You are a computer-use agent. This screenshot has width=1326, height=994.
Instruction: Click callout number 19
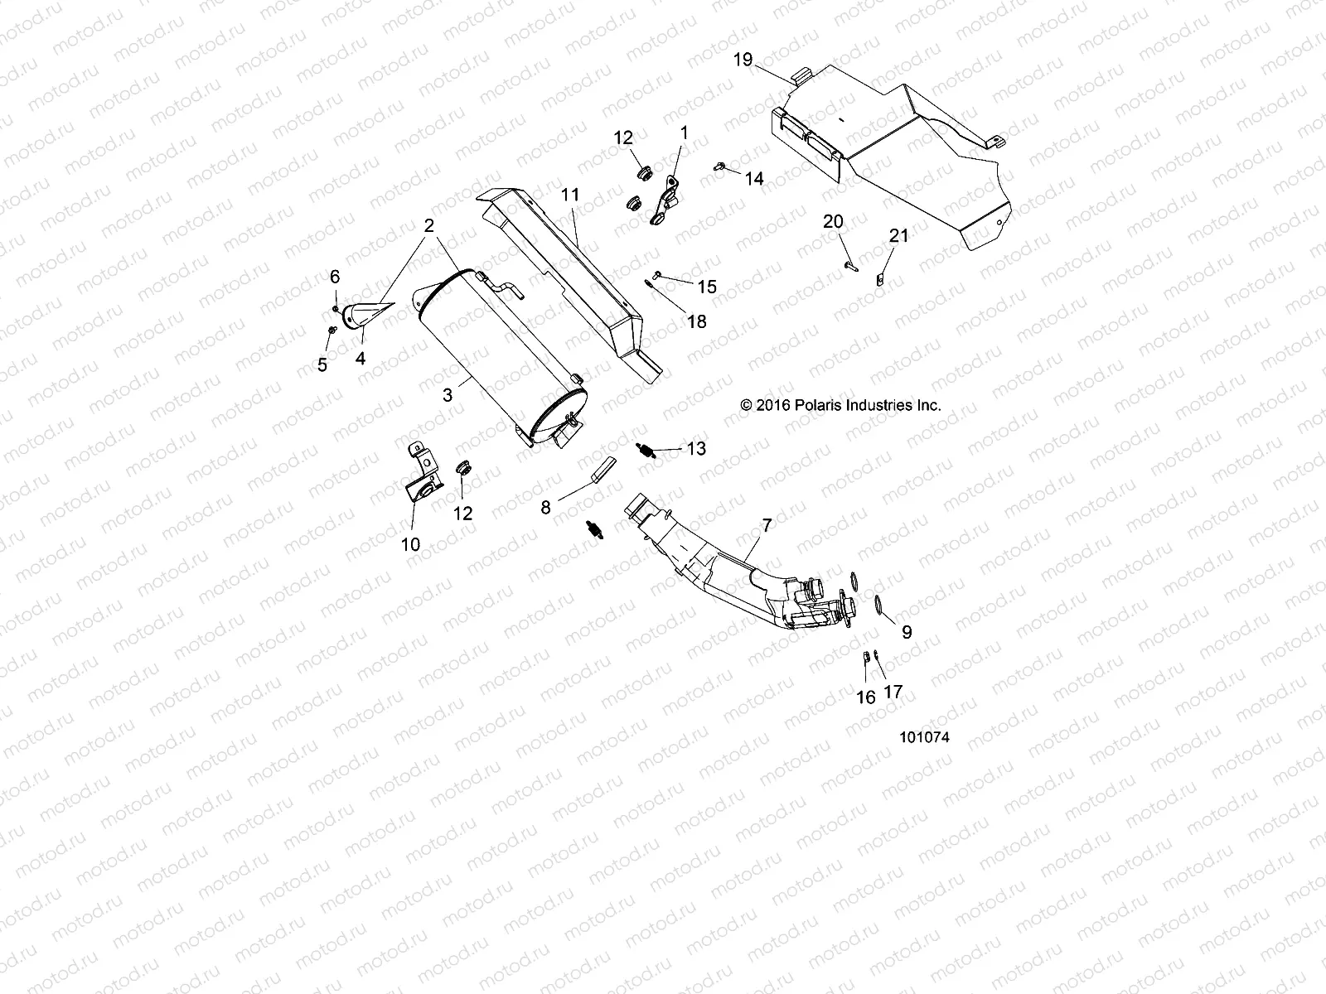tap(743, 59)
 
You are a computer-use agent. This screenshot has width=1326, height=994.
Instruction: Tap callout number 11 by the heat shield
tap(593, 195)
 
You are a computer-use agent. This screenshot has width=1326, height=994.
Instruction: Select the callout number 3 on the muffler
tap(448, 395)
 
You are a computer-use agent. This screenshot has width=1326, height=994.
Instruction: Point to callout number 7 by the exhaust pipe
tap(767, 525)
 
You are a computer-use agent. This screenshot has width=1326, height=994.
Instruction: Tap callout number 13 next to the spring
tap(696, 448)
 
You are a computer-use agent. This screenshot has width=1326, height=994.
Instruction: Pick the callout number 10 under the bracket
tap(410, 544)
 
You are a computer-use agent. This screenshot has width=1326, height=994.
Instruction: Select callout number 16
tap(865, 697)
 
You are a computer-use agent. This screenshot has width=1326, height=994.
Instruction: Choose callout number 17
tap(893, 692)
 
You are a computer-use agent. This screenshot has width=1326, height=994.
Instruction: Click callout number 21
tap(899, 236)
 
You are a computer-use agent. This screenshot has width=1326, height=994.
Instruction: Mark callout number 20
tap(833, 221)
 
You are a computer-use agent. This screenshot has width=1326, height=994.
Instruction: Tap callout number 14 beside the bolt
tap(754, 179)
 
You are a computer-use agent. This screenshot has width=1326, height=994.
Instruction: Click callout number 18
tap(697, 321)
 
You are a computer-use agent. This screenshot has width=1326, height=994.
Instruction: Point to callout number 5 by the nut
tap(322, 364)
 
